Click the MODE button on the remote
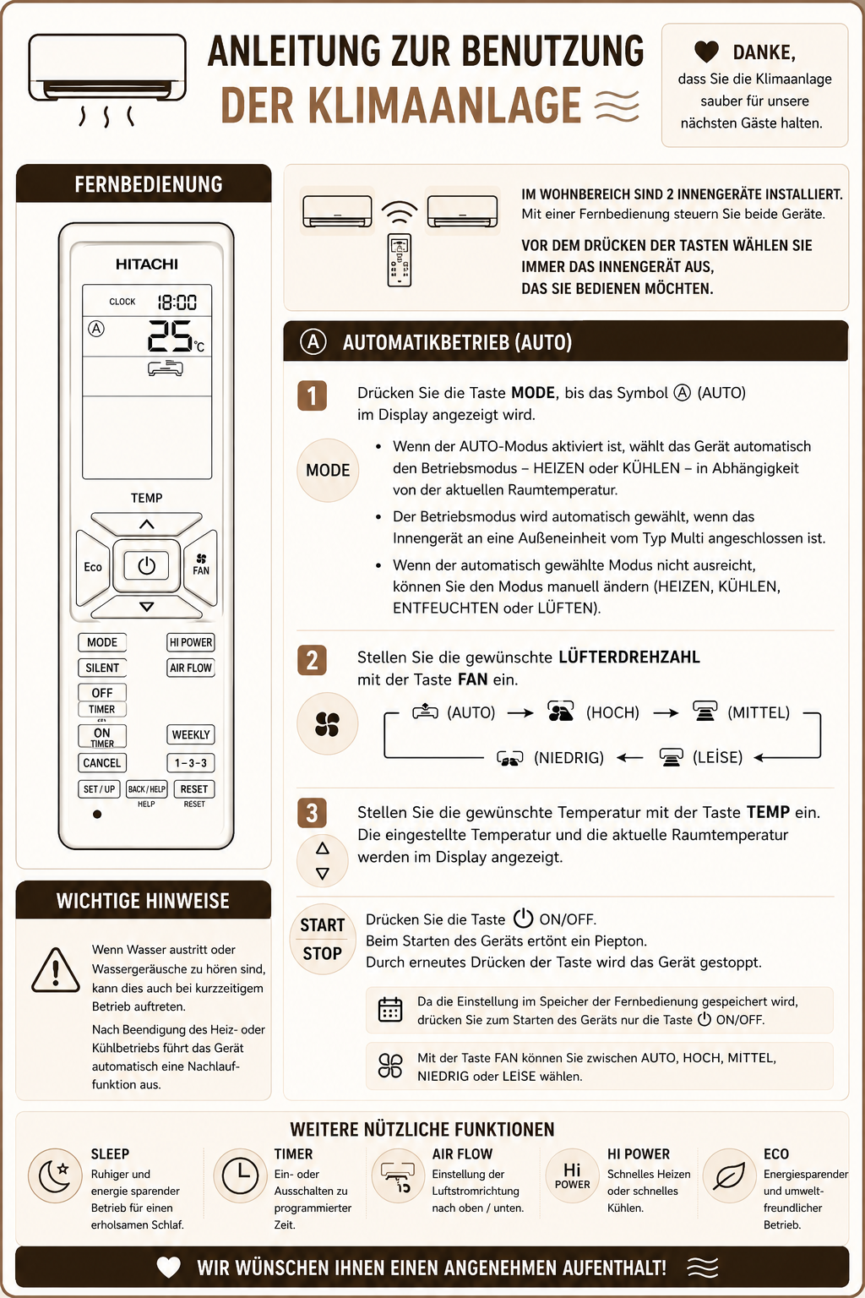[x=102, y=642]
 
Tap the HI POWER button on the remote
[x=191, y=642]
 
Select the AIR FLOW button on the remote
[x=191, y=668]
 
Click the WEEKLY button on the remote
[x=191, y=734]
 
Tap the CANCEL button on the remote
[x=102, y=762]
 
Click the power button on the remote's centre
[x=147, y=565]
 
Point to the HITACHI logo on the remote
[x=147, y=265]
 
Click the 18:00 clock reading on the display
[x=177, y=302]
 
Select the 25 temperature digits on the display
[x=170, y=335]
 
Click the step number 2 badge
[x=312, y=660]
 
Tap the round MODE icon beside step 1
[x=328, y=470]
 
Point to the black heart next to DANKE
[x=706, y=52]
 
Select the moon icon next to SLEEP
[x=55, y=1175]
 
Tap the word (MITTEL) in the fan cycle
[x=759, y=712]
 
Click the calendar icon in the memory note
[x=390, y=1010]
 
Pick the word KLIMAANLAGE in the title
[x=400, y=106]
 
